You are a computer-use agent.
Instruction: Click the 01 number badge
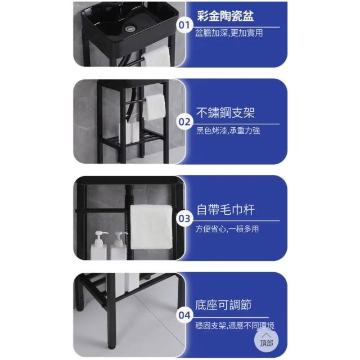[x=184, y=25]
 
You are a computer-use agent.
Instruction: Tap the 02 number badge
[x=184, y=122]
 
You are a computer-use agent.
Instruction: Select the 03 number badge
[x=184, y=219]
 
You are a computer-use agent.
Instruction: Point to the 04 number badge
[x=184, y=316]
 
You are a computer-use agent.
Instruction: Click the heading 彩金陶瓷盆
[x=225, y=16]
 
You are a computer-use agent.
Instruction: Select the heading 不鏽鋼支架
[x=225, y=112]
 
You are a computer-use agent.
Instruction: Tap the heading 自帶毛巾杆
[x=225, y=210]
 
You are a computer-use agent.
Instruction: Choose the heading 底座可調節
[x=223, y=305]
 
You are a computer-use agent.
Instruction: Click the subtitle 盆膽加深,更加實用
[x=229, y=33]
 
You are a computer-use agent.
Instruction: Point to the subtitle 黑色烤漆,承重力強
[x=228, y=130]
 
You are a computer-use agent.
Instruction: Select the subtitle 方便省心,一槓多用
[x=227, y=229]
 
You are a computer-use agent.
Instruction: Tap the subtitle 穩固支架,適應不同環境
[x=235, y=326]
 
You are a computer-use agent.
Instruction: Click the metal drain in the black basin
[x=130, y=29]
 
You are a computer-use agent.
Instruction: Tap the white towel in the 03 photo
[x=151, y=227]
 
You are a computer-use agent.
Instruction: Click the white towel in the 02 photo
[x=154, y=107]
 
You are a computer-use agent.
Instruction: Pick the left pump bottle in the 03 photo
[x=99, y=245]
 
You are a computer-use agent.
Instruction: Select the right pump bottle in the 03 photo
[x=119, y=246]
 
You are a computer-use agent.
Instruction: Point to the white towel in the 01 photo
[x=156, y=57]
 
